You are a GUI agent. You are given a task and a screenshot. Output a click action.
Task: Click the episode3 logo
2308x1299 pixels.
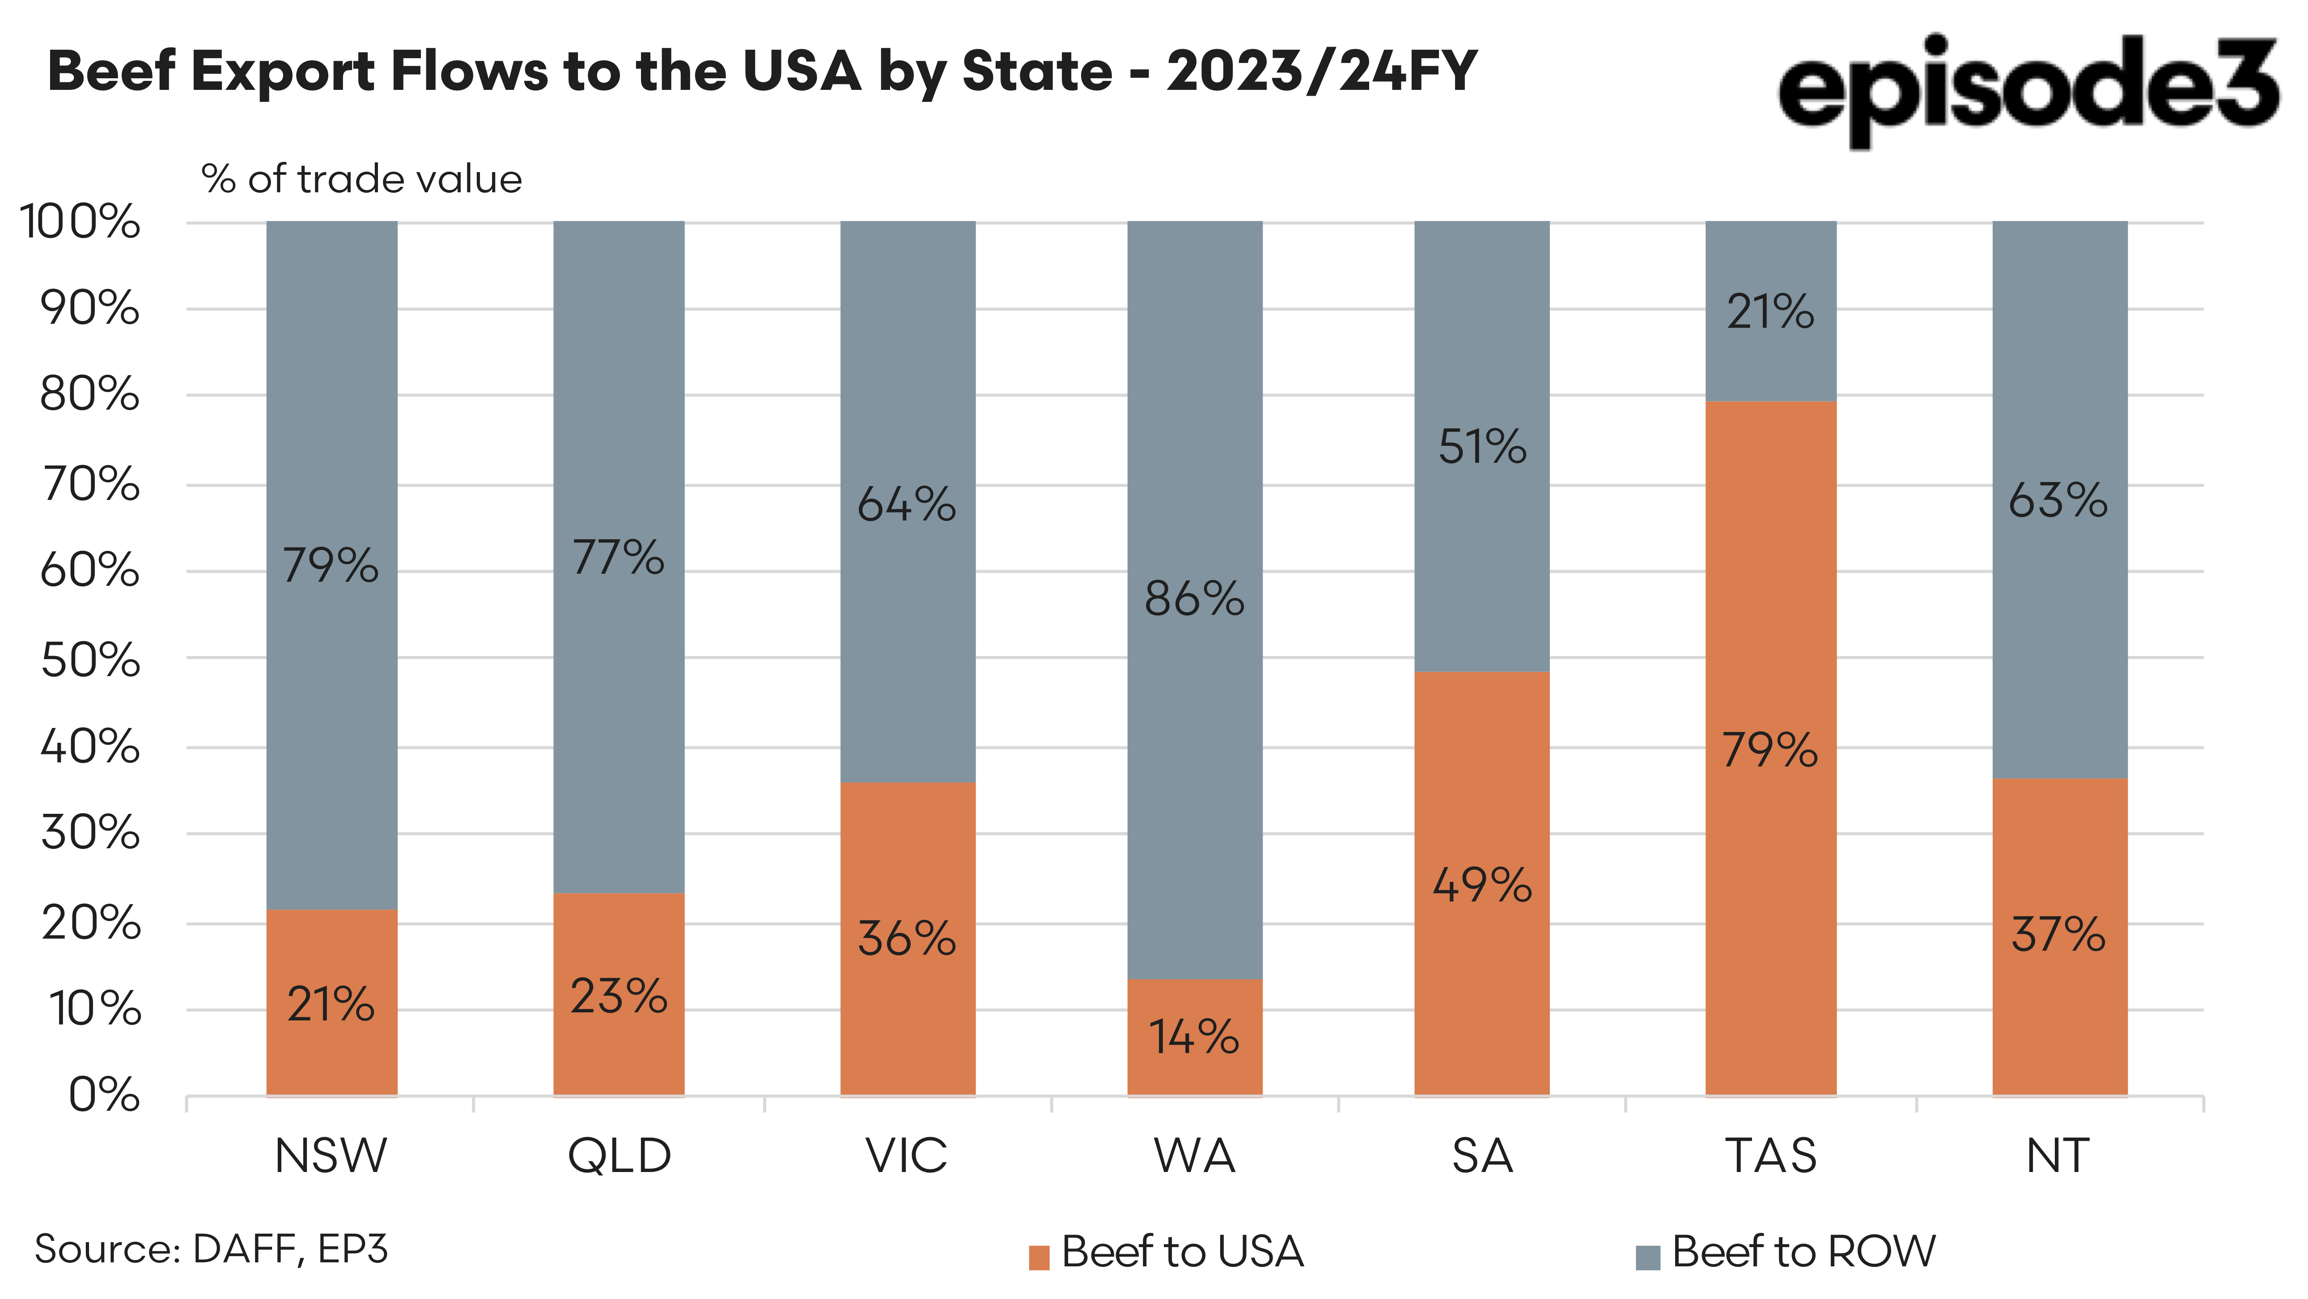[x=2027, y=89]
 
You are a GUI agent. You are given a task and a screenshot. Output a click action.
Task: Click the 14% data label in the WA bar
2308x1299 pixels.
[x=1194, y=1037]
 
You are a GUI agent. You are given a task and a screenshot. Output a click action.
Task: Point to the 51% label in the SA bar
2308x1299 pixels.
[x=1482, y=447]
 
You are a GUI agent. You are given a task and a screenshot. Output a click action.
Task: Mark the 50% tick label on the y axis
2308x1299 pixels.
[x=89, y=660]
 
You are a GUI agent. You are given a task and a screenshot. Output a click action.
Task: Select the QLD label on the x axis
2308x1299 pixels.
[x=619, y=1155]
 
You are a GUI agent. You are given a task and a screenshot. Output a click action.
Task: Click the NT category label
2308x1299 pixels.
[x=2058, y=1155]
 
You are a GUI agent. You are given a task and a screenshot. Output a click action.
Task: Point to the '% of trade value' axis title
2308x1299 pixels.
[x=361, y=179]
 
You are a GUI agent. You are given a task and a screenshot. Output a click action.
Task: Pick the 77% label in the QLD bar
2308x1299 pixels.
[x=618, y=557]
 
